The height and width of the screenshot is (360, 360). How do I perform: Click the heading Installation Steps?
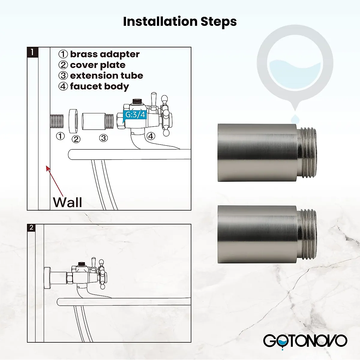[x=180, y=22]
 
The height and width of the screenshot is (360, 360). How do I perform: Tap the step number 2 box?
[x=31, y=228]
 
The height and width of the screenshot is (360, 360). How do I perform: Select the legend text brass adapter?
[x=104, y=54]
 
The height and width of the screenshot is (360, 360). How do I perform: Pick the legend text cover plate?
[x=97, y=65]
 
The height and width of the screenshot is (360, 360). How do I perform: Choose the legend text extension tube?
[x=106, y=76]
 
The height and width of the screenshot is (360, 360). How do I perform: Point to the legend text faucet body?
[x=99, y=86]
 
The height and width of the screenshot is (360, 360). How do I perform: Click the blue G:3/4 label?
[x=135, y=115]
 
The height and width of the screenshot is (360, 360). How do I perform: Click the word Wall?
[x=67, y=202]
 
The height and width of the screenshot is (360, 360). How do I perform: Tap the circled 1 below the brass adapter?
[x=61, y=136]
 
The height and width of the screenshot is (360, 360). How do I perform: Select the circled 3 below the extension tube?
[x=103, y=138]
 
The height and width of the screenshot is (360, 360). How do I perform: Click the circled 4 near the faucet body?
[x=151, y=136]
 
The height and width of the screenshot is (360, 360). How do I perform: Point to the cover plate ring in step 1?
[x=74, y=121]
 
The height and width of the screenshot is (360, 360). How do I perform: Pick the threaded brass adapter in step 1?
[x=57, y=121]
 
